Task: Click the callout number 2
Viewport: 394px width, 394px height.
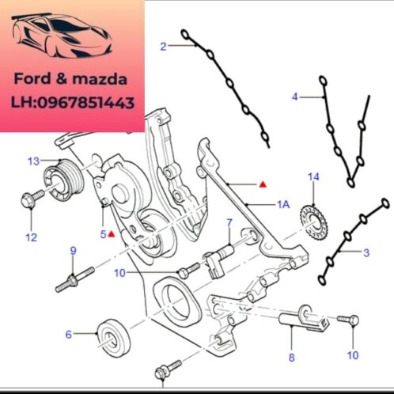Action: click(163, 47)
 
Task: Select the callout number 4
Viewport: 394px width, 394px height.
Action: click(295, 97)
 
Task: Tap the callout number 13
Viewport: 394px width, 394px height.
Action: click(32, 161)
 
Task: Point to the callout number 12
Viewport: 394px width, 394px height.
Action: click(31, 237)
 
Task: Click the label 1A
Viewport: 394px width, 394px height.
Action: click(282, 205)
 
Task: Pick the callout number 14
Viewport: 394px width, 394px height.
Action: click(313, 176)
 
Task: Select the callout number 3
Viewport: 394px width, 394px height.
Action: click(366, 252)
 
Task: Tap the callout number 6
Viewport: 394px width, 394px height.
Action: click(68, 335)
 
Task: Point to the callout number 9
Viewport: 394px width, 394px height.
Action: click(74, 251)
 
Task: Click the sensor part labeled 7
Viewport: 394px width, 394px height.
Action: click(219, 257)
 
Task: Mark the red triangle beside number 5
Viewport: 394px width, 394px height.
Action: click(113, 234)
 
